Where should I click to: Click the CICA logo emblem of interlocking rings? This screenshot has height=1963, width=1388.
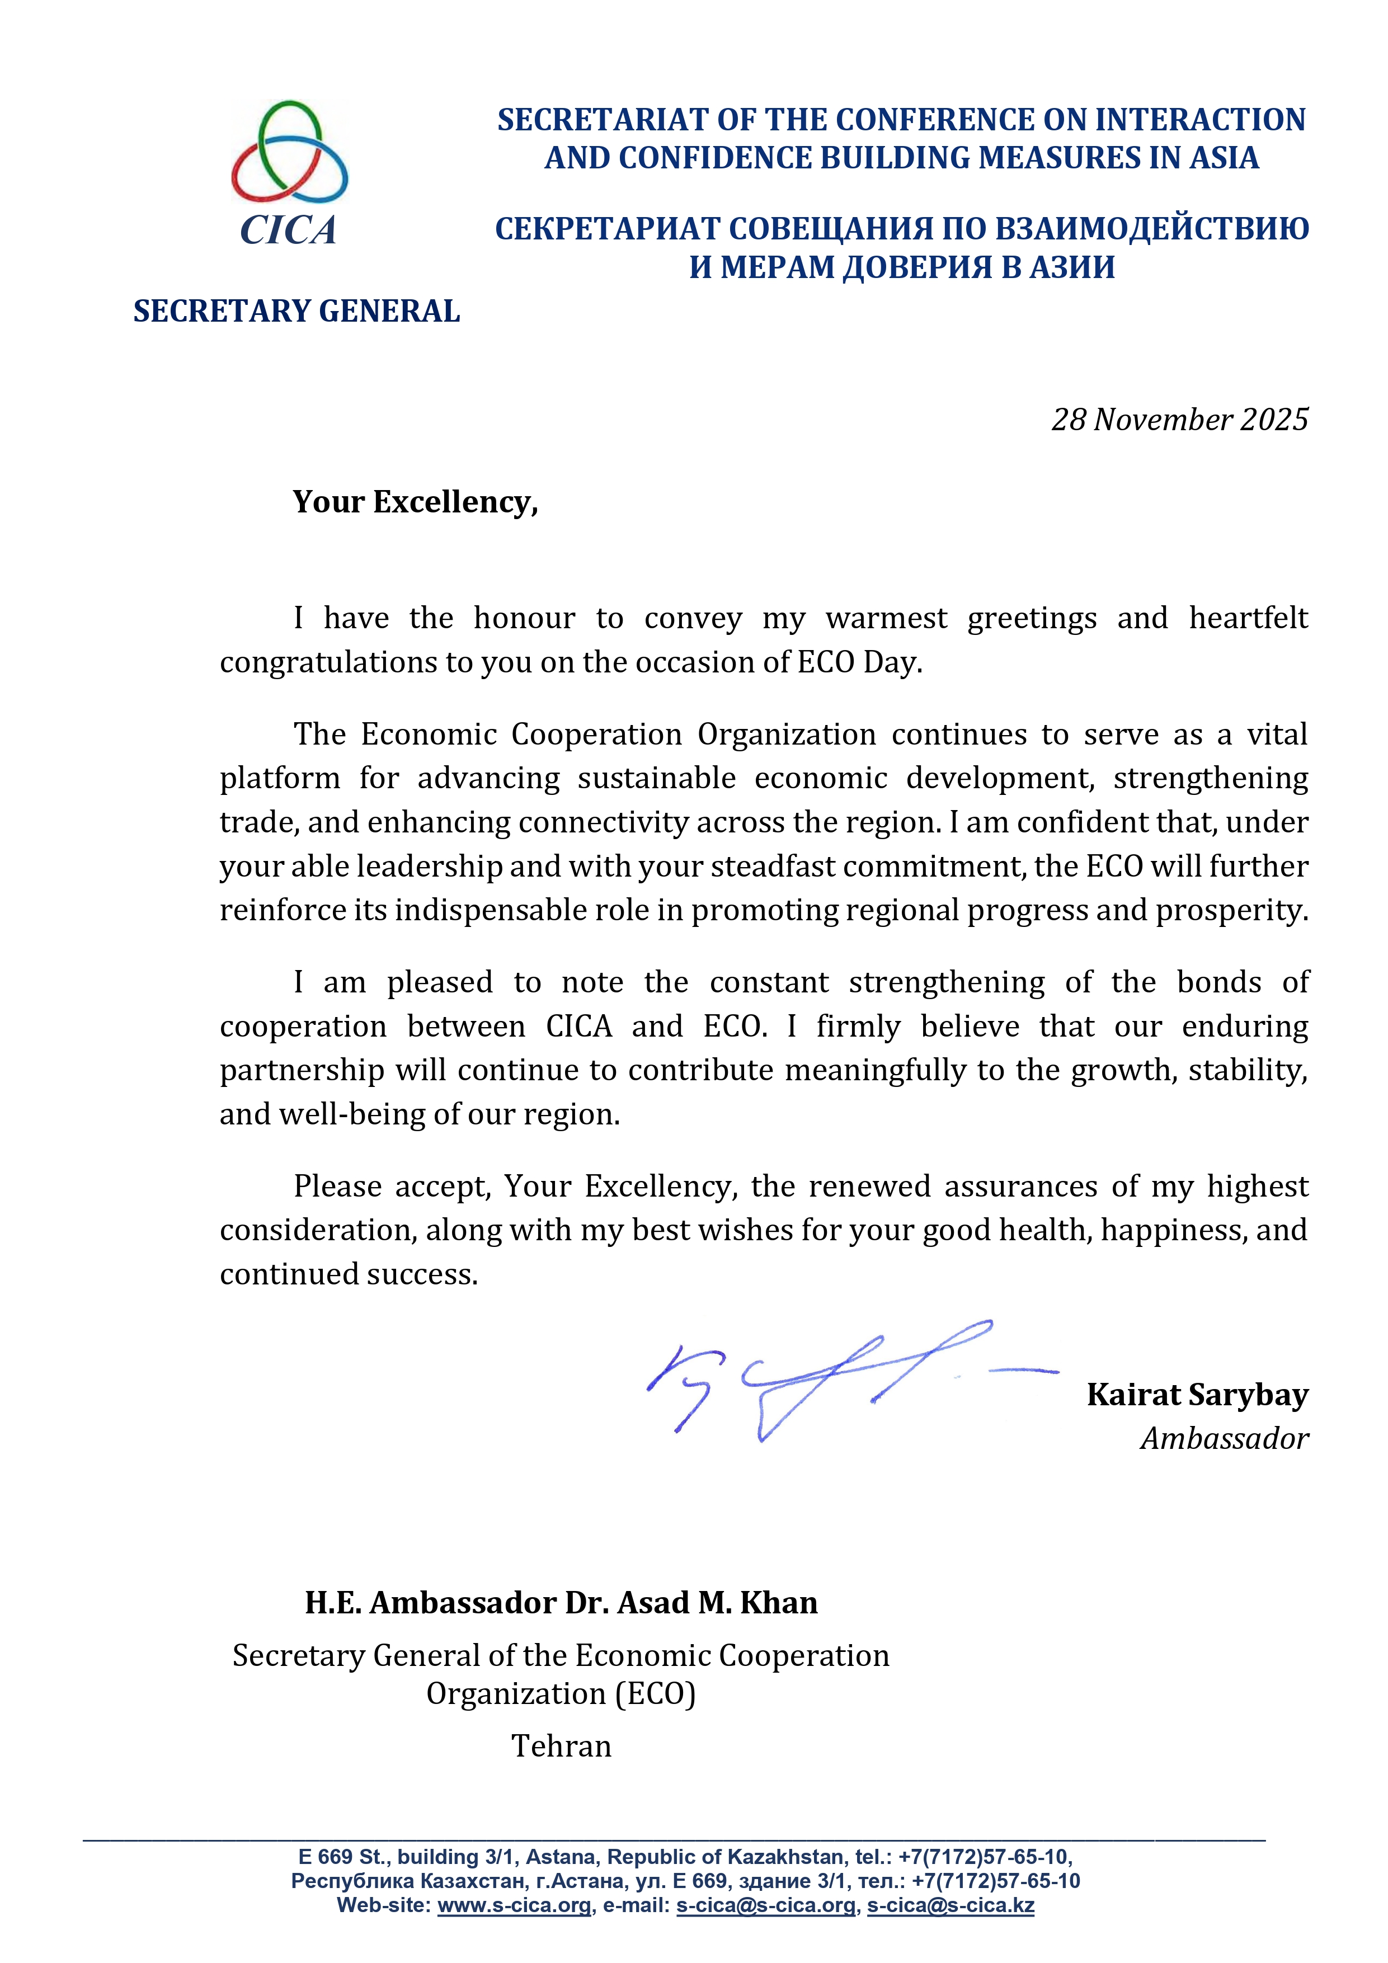coord(289,152)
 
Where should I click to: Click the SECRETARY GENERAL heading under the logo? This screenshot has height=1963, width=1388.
coord(296,311)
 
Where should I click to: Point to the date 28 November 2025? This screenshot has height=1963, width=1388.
coord(1179,420)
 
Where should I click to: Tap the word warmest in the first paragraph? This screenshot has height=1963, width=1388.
coord(886,618)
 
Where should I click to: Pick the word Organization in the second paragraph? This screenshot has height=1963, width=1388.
coord(786,735)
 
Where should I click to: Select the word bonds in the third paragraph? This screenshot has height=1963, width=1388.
coord(1218,982)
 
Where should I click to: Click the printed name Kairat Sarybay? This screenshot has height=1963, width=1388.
coord(1197,1395)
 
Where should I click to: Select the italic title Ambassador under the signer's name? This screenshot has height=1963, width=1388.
coord(1224,1439)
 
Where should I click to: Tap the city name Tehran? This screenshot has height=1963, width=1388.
coord(561,1746)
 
